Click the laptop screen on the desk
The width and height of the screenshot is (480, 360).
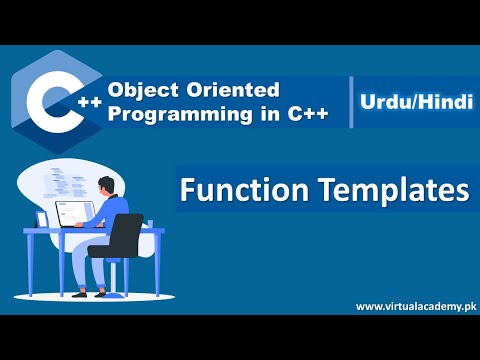coord(74,212)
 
